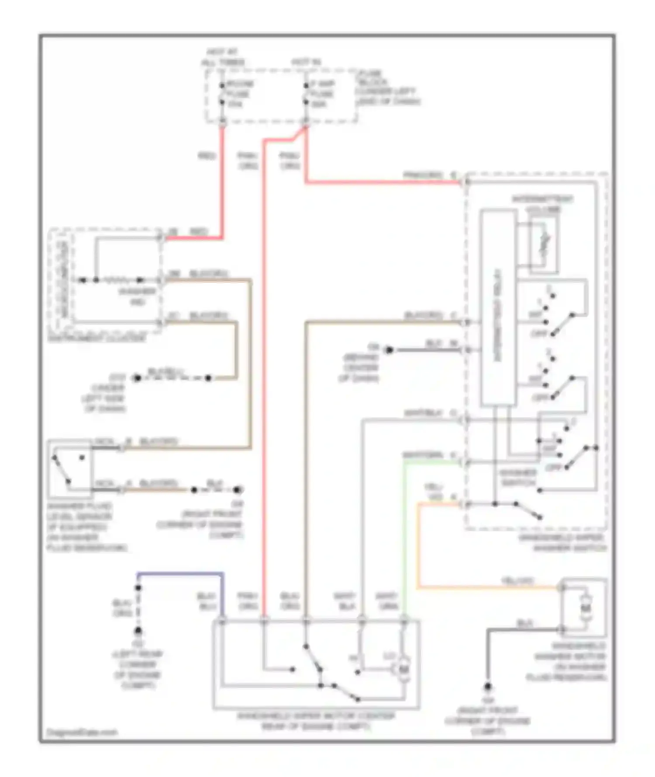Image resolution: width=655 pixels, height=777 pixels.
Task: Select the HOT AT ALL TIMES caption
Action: [223, 58]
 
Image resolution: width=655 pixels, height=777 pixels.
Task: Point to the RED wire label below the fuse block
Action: [207, 155]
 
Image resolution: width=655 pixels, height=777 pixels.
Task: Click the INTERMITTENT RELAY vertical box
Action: [498, 308]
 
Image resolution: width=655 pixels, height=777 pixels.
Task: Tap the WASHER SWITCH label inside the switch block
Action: [518, 478]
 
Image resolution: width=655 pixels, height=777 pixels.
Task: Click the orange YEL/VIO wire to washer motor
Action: [480, 588]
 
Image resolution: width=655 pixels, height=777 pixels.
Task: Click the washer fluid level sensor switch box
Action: [70, 469]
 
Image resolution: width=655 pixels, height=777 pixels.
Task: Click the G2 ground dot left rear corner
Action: [138, 631]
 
